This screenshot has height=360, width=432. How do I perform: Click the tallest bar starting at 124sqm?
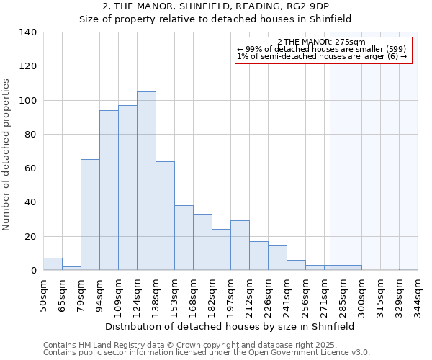(x=146, y=181)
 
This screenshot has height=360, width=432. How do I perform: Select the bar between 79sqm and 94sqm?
(x=90, y=215)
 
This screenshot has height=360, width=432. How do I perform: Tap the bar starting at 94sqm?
(x=109, y=190)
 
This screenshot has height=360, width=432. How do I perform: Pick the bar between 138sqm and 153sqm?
(x=165, y=216)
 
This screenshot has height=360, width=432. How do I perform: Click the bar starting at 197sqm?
(x=240, y=246)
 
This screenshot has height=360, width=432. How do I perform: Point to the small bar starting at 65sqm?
(x=71, y=269)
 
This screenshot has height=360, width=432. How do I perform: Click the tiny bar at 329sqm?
(x=408, y=269)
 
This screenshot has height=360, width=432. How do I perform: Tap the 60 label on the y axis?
(x=32, y=168)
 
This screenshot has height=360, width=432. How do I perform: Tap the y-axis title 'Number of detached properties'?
(x=7, y=151)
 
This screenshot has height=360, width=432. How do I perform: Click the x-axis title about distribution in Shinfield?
(x=230, y=326)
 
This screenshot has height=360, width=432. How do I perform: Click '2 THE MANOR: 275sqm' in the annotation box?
(x=321, y=42)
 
